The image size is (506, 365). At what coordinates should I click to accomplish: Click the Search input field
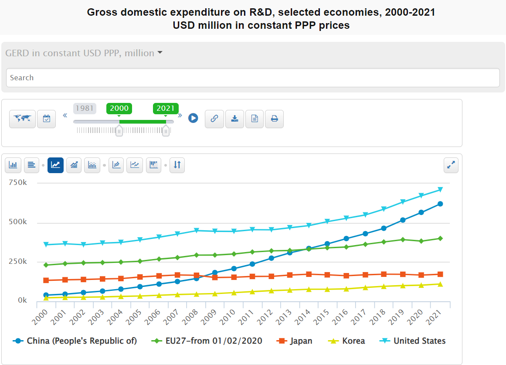pos(253,78)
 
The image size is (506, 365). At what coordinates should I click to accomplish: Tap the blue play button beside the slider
pos(193,118)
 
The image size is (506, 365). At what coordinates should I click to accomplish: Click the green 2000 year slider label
pos(119,109)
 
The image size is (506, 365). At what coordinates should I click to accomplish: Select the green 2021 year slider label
pos(166,109)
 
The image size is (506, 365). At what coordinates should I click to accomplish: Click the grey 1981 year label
pos(84,109)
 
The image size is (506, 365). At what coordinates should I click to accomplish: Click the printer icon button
pos(274,119)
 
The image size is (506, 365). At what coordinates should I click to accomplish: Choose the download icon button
pos(234,119)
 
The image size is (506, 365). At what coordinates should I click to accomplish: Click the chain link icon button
pos(214,119)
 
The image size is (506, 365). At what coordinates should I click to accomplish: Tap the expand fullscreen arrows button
pos(451,165)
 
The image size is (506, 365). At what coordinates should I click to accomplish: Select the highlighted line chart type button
pos(55,165)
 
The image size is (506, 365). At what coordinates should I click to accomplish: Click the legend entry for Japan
pos(295,341)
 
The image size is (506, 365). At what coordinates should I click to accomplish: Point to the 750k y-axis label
pos(18,183)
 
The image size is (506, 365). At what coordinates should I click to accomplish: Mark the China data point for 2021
pos(440,204)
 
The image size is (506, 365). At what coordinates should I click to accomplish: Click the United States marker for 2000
pos(46,245)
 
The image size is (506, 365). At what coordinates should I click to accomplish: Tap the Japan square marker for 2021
pos(440,274)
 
